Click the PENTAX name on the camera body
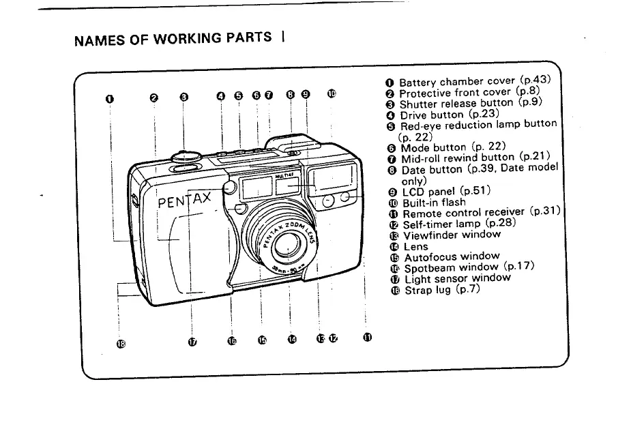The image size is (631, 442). (x=186, y=203)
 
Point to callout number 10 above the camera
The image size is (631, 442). (x=332, y=94)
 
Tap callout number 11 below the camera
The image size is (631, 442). (x=368, y=336)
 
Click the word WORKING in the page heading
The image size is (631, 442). (x=168, y=38)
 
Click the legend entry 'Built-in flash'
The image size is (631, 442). (x=434, y=203)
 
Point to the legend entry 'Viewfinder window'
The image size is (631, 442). (x=452, y=235)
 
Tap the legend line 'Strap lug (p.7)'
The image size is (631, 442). (x=442, y=289)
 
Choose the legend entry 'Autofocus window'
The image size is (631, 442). (x=452, y=257)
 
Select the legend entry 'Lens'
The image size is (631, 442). (x=416, y=246)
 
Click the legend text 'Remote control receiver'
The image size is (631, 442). (x=464, y=213)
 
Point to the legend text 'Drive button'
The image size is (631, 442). (x=432, y=115)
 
